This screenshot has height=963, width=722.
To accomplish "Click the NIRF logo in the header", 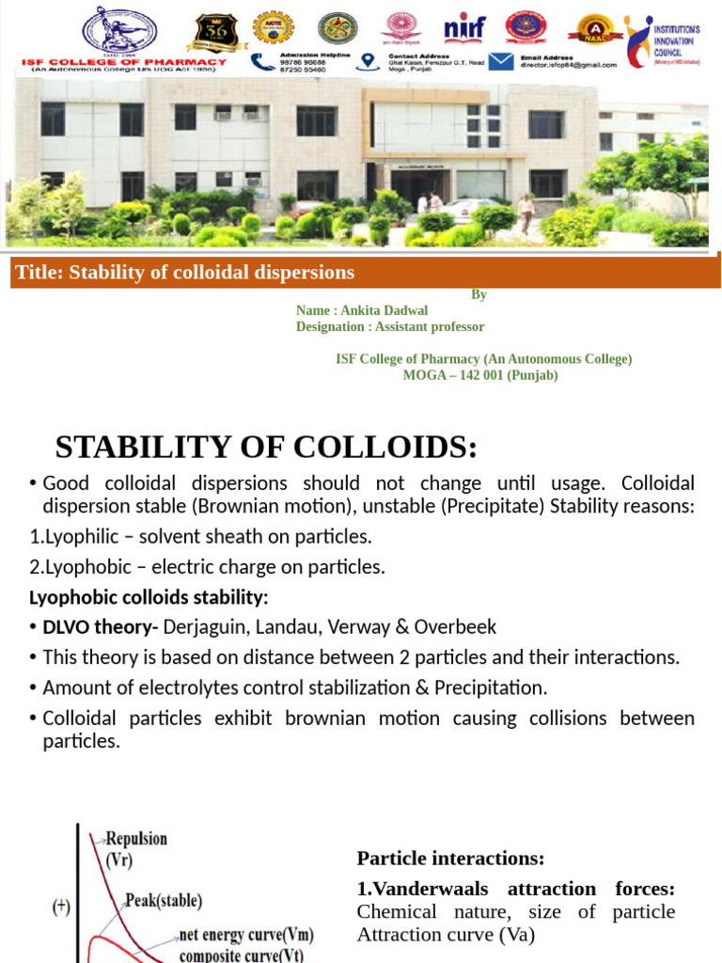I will [464, 27].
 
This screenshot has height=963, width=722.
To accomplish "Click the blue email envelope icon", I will [501, 61].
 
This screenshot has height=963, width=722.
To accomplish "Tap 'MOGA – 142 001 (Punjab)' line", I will [480, 374].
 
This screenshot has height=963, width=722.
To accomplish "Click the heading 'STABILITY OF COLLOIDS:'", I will [266, 447].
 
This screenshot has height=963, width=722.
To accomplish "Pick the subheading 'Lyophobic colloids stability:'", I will [149, 598].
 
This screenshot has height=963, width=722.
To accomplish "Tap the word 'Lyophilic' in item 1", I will [82, 537].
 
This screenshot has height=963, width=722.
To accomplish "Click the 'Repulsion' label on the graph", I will [136, 838].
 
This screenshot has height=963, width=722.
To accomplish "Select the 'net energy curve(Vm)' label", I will [246, 935].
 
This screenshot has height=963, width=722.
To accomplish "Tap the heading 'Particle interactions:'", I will [450, 858].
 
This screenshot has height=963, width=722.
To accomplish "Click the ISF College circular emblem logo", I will [119, 29].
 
